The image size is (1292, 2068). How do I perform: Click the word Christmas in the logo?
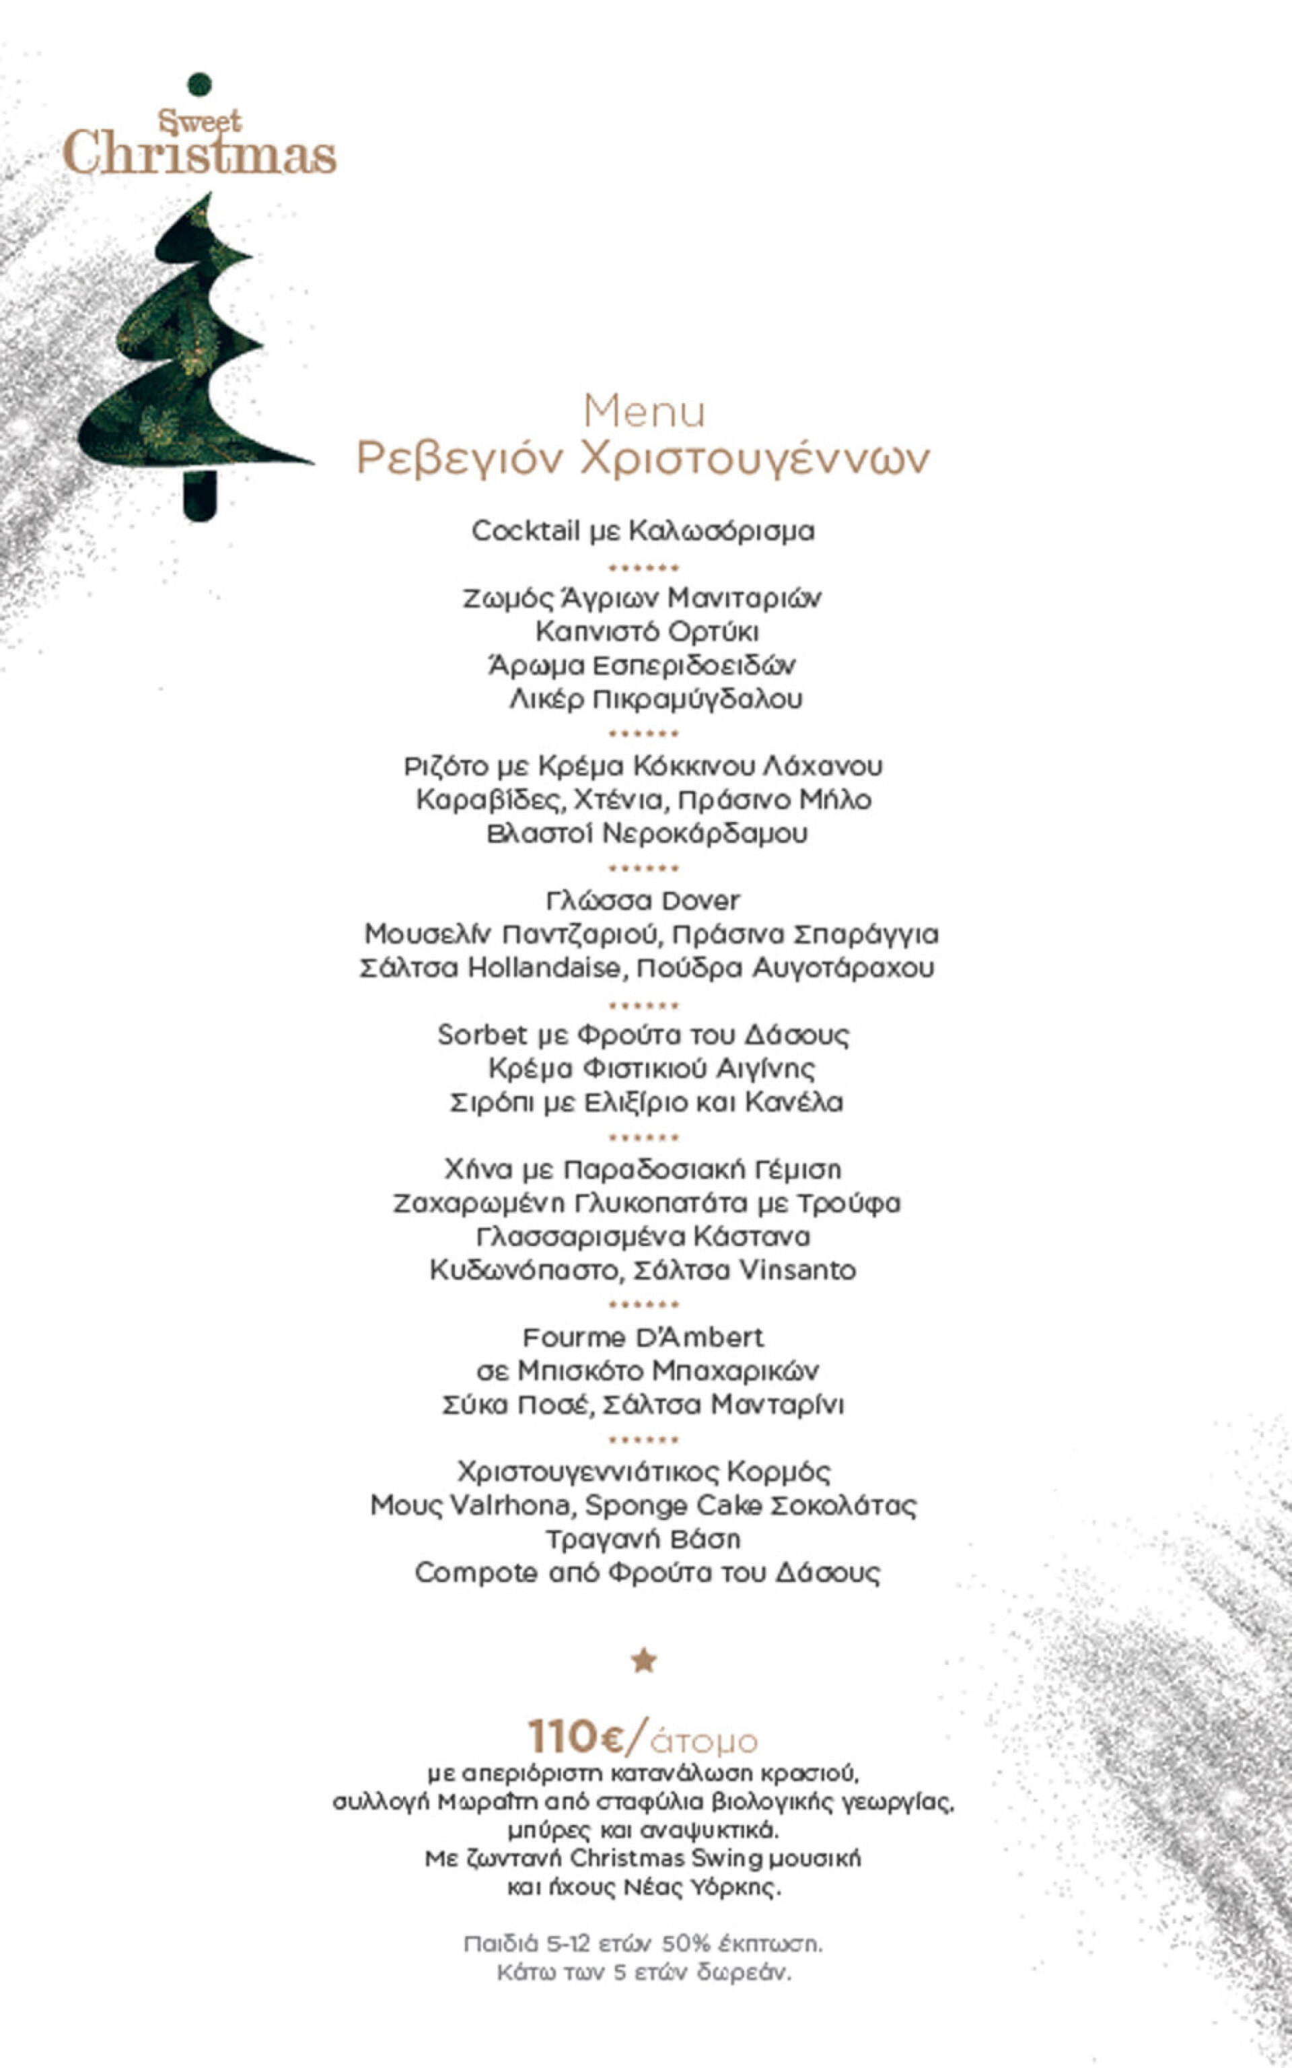tap(200, 153)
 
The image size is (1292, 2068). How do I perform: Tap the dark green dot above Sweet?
tap(199, 83)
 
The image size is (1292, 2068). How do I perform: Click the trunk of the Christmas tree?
tap(199, 495)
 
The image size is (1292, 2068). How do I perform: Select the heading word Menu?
tap(644, 412)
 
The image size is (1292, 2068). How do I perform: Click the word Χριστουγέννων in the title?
tap(754, 459)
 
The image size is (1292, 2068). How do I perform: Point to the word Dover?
tap(701, 901)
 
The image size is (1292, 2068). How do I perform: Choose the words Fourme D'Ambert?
tap(643, 1338)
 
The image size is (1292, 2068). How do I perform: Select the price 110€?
tap(576, 1735)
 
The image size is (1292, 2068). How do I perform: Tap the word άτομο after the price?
tap(704, 1741)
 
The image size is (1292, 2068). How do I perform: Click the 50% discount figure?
tap(685, 1944)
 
